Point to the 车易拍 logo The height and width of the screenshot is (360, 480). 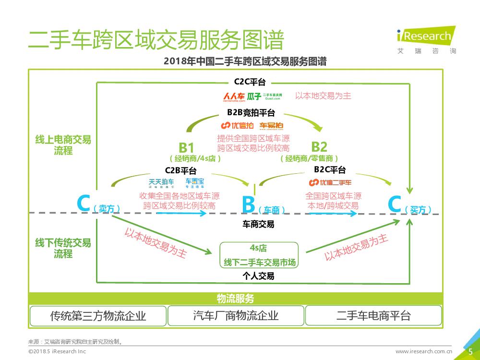(272, 126)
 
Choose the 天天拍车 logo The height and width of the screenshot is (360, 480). (161, 182)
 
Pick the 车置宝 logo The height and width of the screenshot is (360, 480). (195, 182)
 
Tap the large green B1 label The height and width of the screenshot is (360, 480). (186, 147)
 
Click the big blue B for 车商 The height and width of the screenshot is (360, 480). (248, 204)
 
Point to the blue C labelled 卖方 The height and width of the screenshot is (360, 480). (84, 204)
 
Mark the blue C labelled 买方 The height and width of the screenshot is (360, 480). (395, 204)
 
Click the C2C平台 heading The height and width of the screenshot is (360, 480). (250, 82)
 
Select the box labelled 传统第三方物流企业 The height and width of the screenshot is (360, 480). (98, 315)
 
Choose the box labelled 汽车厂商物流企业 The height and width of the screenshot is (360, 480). (236, 315)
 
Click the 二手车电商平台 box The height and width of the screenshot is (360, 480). (373, 315)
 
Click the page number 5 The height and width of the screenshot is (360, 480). (470, 351)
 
